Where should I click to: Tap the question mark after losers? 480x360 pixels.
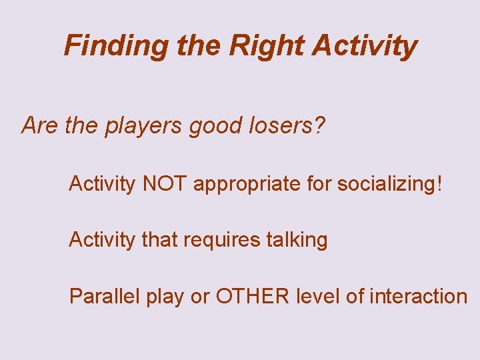coord(320,125)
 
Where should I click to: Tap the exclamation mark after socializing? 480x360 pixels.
coord(437,183)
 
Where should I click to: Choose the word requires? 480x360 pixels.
coord(224,240)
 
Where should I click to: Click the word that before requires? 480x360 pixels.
coord(160,239)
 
